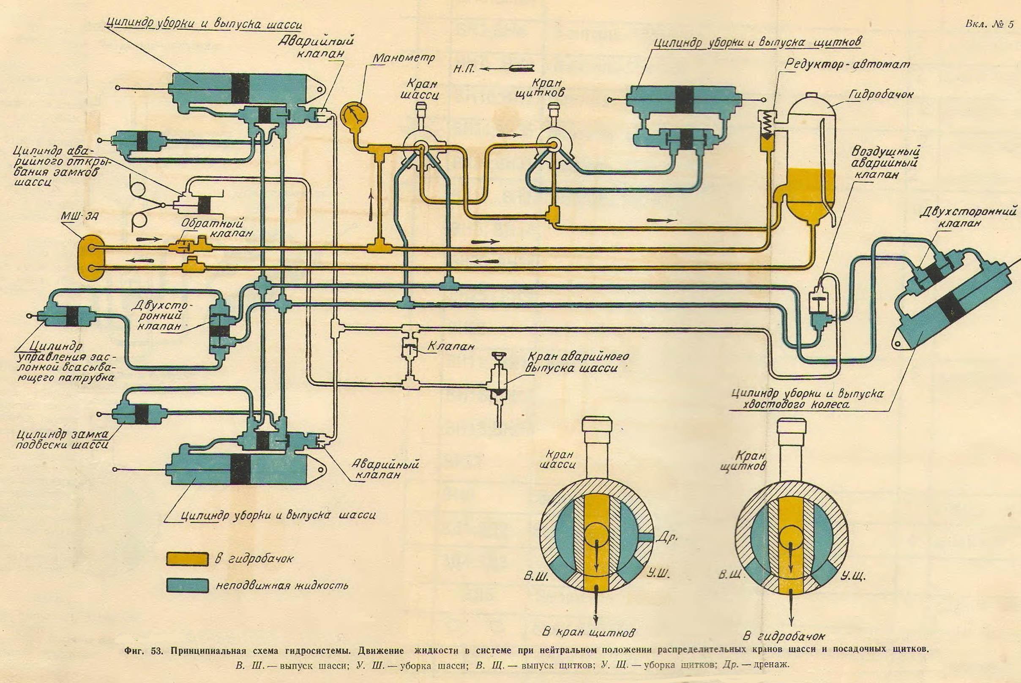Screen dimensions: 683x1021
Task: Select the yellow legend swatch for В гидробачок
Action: [186, 559]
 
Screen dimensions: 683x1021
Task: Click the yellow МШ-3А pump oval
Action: [91, 259]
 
